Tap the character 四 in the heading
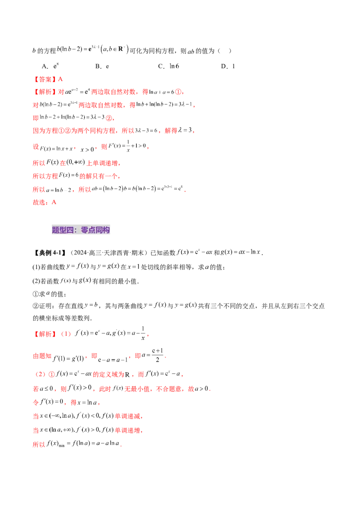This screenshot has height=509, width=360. (70, 230)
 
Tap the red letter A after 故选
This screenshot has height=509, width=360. (54, 202)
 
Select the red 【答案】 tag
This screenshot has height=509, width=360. (42, 79)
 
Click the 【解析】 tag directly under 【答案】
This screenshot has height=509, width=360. (42, 92)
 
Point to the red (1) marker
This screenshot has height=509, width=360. (67, 334)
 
